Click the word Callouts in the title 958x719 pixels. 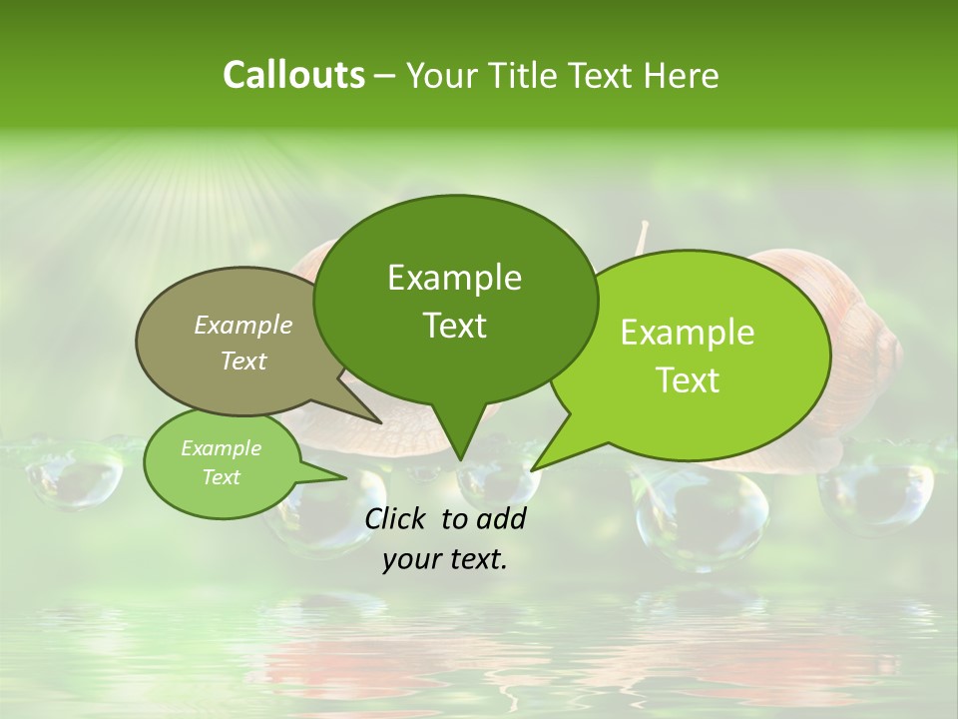[293, 75]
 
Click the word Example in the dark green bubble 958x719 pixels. [454, 277]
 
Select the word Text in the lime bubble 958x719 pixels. [688, 380]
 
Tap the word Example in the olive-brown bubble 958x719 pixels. [242, 325]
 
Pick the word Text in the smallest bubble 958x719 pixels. [222, 476]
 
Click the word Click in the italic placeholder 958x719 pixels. [397, 518]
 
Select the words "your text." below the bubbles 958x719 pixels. [444, 559]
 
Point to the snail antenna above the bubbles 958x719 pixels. [643, 237]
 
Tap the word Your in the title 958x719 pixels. [440, 75]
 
